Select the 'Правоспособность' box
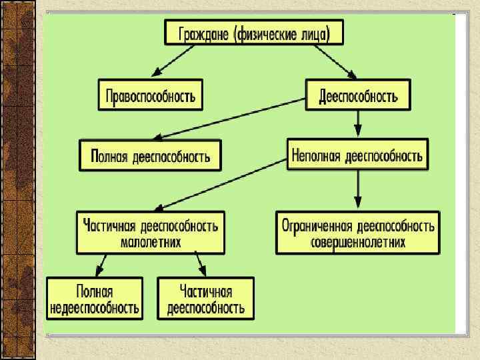click(151, 95)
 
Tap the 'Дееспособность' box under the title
click(358, 95)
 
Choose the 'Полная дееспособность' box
click(150, 155)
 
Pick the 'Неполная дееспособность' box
click(357, 155)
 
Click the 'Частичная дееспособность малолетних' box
click(151, 233)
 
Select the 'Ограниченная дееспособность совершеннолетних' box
click(358, 233)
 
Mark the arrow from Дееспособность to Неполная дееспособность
click(359, 124)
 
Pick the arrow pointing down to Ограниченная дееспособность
click(359, 190)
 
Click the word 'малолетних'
click(151, 242)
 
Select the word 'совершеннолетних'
click(358, 242)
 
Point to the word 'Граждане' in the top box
click(204, 32)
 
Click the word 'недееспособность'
click(94, 307)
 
